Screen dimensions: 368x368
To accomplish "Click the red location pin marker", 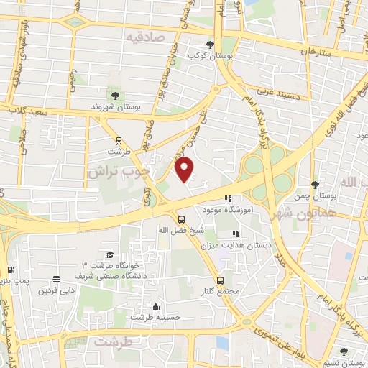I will pos(185,169).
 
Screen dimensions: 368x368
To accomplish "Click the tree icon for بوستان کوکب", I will pos(210,44).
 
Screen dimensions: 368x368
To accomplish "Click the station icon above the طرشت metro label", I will pos(118,141).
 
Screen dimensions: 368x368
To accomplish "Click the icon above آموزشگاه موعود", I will pos(228,199).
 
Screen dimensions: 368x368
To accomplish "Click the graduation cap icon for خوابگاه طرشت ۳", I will pos(109,255).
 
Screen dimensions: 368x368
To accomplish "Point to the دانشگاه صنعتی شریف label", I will pos(116,275).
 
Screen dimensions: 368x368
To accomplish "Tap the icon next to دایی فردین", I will pos(56,280).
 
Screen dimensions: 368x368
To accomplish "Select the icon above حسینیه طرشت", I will pos(156,305).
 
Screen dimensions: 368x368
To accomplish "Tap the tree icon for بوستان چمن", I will pos(315,185).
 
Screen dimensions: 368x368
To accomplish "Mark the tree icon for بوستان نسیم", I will pos(344,351).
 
